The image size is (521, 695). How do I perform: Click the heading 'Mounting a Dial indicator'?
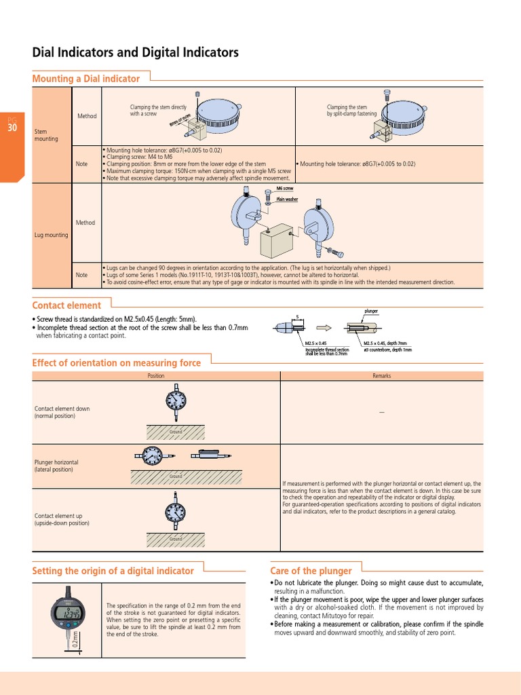coord(86,79)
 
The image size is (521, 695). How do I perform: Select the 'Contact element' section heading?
coord(66,305)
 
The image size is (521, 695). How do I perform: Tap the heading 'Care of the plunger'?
coord(311,571)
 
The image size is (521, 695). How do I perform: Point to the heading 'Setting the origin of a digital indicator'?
coord(113,571)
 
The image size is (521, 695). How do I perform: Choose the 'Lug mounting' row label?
coord(51,235)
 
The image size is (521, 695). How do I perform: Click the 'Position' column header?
coord(156,375)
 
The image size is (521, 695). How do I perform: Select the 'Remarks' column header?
coord(381,375)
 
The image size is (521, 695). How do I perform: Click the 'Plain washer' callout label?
coord(287,200)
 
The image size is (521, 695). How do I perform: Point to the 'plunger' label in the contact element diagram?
coord(371,311)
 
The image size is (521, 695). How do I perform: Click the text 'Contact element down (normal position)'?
coord(62,412)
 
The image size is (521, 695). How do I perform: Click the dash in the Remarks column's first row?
coord(381,413)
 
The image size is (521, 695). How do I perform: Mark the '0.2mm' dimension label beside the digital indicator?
coord(76,640)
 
